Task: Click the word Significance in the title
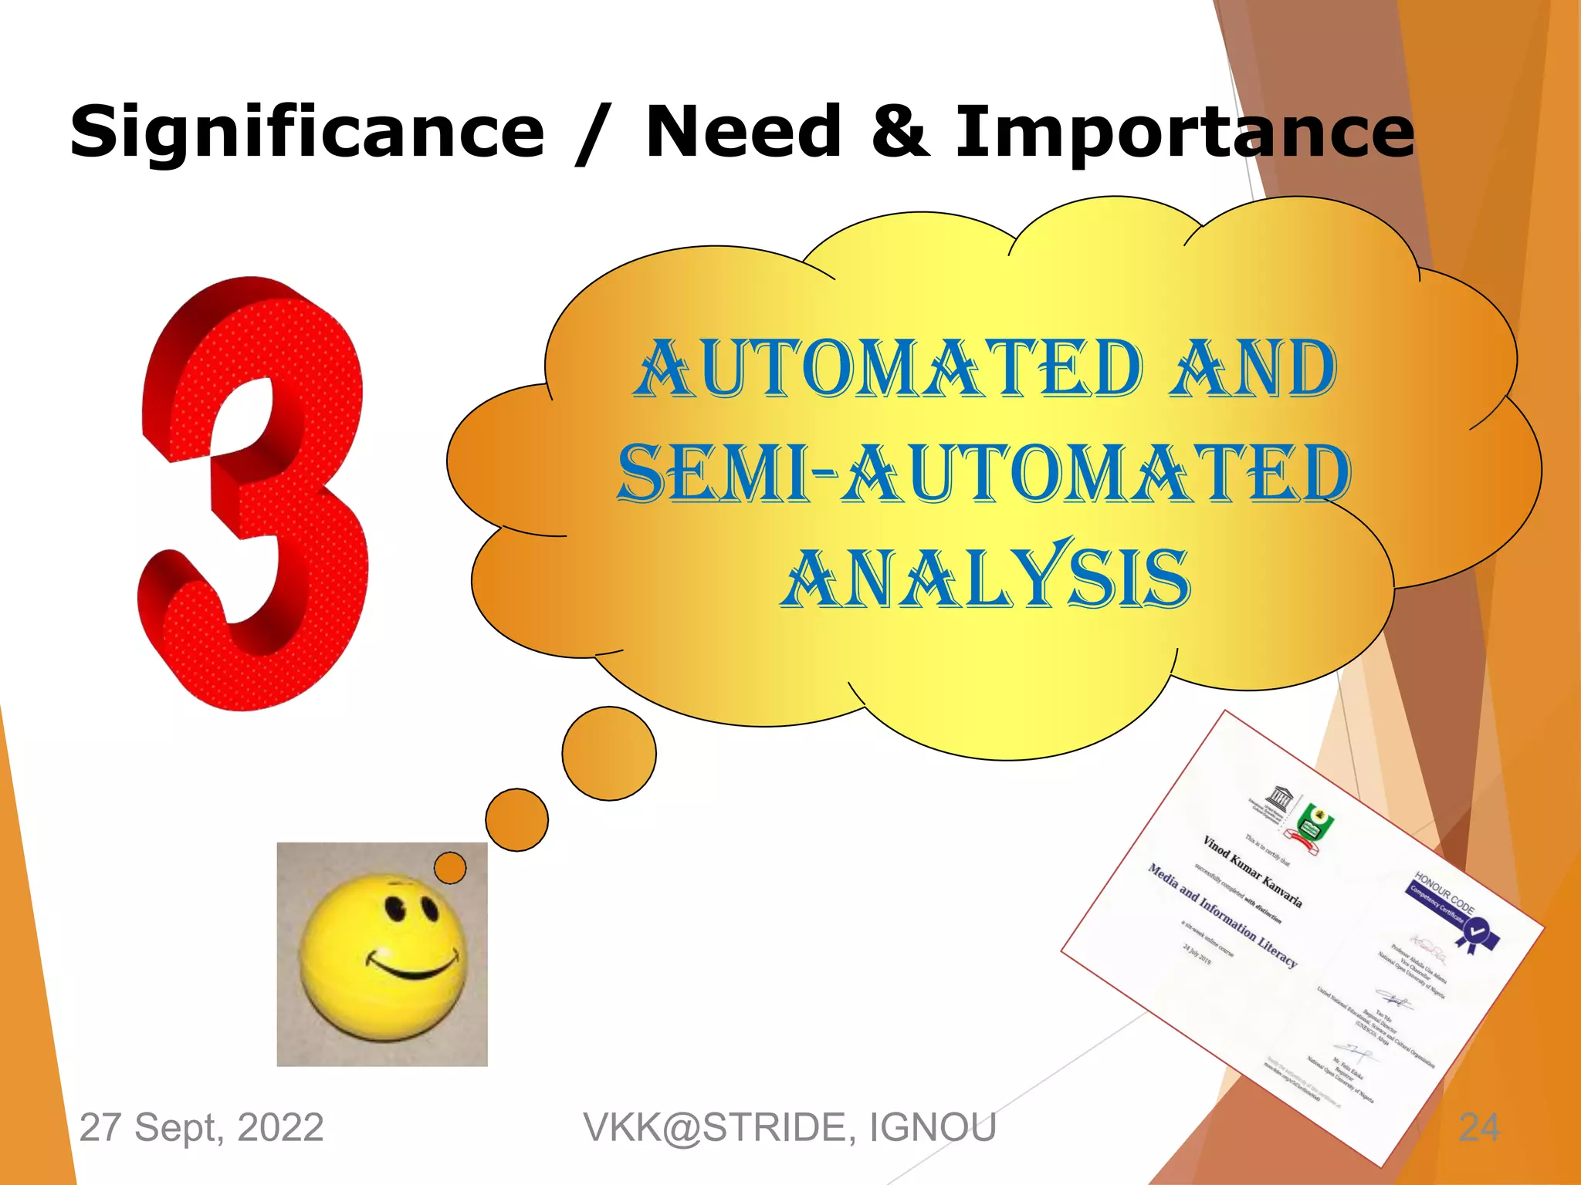point(306,133)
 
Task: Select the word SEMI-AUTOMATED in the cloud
point(984,473)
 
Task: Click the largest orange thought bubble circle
point(609,753)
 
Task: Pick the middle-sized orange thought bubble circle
point(516,819)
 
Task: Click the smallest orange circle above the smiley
point(450,868)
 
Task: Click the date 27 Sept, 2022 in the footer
point(201,1127)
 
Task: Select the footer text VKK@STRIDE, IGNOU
point(789,1127)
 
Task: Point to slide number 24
point(1478,1127)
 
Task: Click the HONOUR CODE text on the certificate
point(1444,893)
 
